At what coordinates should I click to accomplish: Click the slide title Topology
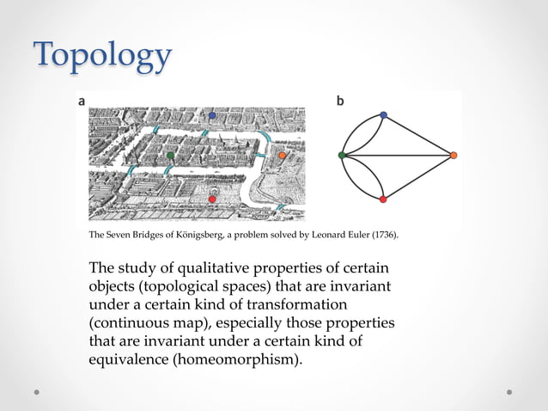tap(102, 57)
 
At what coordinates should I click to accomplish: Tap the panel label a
tap(82, 101)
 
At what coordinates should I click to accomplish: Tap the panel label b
tap(340, 101)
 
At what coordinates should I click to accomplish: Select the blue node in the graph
tap(383, 115)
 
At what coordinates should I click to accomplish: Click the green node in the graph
tap(342, 155)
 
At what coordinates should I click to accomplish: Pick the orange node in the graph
tap(454, 155)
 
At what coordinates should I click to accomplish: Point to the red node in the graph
tap(383, 199)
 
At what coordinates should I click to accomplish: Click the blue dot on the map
tap(212, 115)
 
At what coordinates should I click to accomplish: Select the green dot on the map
tap(171, 156)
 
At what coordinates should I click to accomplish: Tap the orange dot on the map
tap(282, 156)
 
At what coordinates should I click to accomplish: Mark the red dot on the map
tap(212, 199)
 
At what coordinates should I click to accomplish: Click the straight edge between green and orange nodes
tap(398, 155)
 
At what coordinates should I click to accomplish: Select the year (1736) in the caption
tap(382, 235)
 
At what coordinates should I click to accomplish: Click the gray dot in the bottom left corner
tap(38, 391)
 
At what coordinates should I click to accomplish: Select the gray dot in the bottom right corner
tap(509, 391)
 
